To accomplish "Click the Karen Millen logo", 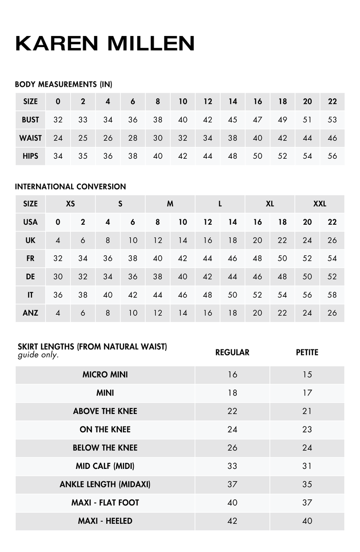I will point(105,43).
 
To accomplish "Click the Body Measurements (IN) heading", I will point(64,84).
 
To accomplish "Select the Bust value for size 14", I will point(233,120).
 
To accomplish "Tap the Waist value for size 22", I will point(332,138).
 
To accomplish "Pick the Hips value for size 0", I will point(58,156).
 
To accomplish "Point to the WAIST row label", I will point(30,138).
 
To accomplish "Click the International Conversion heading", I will point(70,186).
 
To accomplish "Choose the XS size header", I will point(70,204).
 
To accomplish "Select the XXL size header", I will point(319,204).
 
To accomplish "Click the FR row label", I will point(30,258).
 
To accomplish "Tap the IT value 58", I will point(332,294).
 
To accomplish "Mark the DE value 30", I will point(58,276).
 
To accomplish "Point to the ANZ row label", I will point(30,312).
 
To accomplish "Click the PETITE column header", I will point(307,352).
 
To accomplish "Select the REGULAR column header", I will point(232,352).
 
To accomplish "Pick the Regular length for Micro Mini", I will point(232,374).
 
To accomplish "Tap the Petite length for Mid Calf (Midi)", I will point(307,466).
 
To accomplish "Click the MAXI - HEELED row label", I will point(105,521).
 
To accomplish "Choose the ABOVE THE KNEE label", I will point(105,411).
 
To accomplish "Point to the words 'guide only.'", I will point(38,355).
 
